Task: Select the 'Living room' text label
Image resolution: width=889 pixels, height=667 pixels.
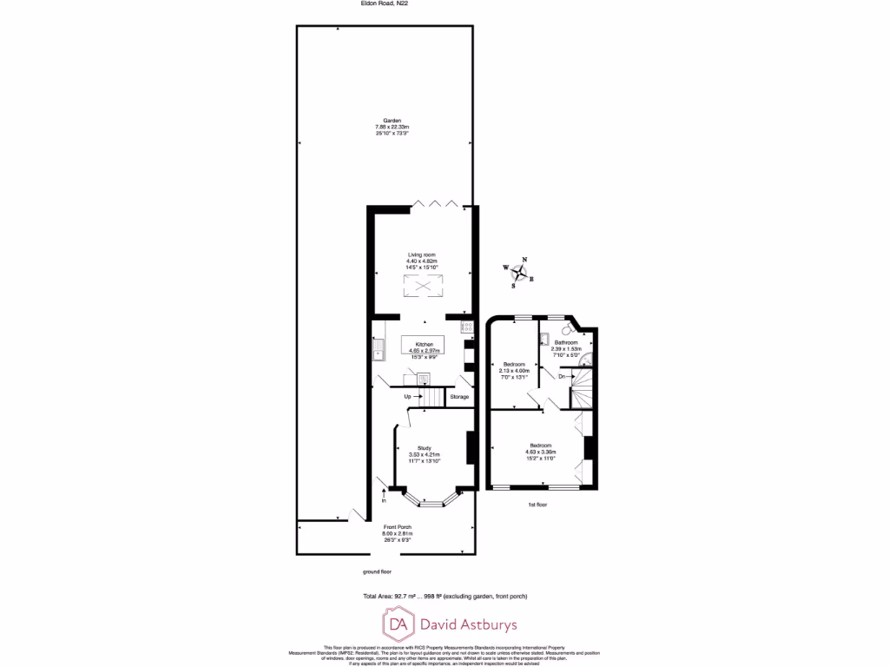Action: pos(424,254)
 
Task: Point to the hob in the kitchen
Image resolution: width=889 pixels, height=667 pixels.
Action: pos(467,327)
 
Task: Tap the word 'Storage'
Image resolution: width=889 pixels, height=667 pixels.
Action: pos(459,397)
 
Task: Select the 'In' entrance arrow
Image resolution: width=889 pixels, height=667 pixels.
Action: pos(384,499)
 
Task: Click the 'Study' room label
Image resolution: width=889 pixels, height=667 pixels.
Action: pos(424,448)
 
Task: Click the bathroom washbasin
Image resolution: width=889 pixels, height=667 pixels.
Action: pos(544,341)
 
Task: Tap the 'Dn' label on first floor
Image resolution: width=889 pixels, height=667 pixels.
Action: pos(562,376)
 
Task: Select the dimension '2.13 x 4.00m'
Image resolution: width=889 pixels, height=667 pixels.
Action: pos(516,371)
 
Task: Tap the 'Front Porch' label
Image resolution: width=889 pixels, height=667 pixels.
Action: pos(398,527)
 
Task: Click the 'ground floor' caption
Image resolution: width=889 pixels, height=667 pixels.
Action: pos(378,571)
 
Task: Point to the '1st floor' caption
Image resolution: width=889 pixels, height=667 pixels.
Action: pos(538,504)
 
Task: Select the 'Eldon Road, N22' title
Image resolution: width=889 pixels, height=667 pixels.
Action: pos(385,4)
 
